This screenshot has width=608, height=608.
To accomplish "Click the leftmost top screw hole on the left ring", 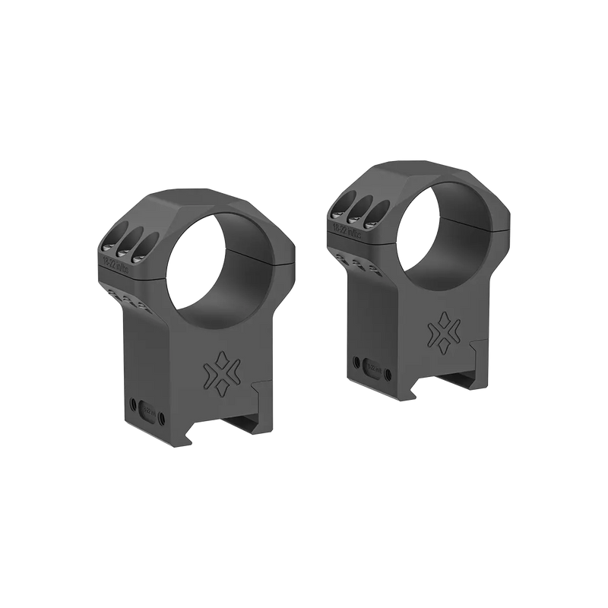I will pos(109,242).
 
